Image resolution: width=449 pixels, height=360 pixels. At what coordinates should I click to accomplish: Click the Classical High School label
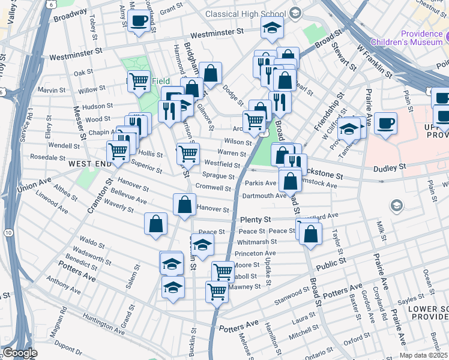pyautogui.click(x=245, y=13)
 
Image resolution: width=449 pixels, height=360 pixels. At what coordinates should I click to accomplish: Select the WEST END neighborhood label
pyautogui.click(x=89, y=163)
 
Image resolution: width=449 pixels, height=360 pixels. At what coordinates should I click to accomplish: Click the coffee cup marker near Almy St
pyautogui.click(x=139, y=22)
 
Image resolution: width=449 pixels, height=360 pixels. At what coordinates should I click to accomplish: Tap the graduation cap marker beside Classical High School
pyautogui.click(x=272, y=28)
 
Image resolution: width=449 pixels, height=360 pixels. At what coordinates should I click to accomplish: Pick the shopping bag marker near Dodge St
pyautogui.click(x=211, y=74)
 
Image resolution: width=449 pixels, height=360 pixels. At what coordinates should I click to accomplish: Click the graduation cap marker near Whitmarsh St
pyautogui.click(x=203, y=245)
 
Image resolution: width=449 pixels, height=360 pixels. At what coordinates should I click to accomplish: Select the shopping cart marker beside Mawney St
pyautogui.click(x=217, y=292)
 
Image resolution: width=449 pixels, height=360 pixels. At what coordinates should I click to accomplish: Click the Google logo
pyautogui.click(x=20, y=353)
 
